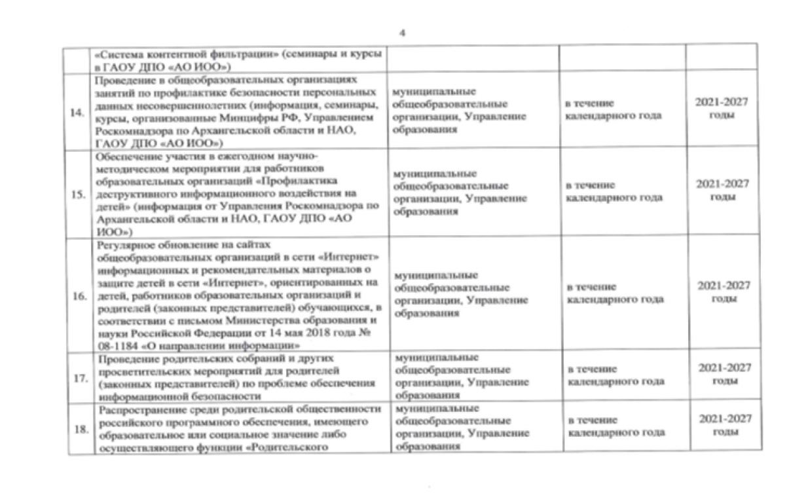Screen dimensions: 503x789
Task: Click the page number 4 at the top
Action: pos(402,33)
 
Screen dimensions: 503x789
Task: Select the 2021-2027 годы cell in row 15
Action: pos(724,190)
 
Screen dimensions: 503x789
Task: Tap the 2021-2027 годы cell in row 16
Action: pos(724,292)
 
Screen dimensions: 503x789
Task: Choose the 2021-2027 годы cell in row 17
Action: pos(724,373)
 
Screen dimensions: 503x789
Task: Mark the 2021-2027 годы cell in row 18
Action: pos(724,425)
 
